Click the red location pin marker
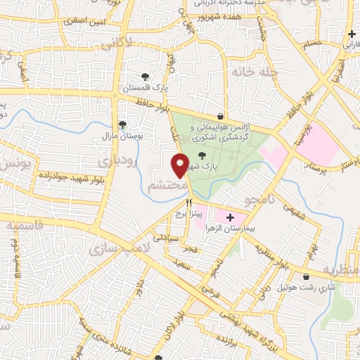[x=180, y=165]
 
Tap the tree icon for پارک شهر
[x=202, y=156]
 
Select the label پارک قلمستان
[x=143, y=89]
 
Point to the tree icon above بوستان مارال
[x=123, y=124]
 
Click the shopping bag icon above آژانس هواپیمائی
[x=221, y=116]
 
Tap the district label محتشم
[x=168, y=185]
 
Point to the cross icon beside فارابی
[x=352, y=34]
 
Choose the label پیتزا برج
[x=188, y=212]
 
